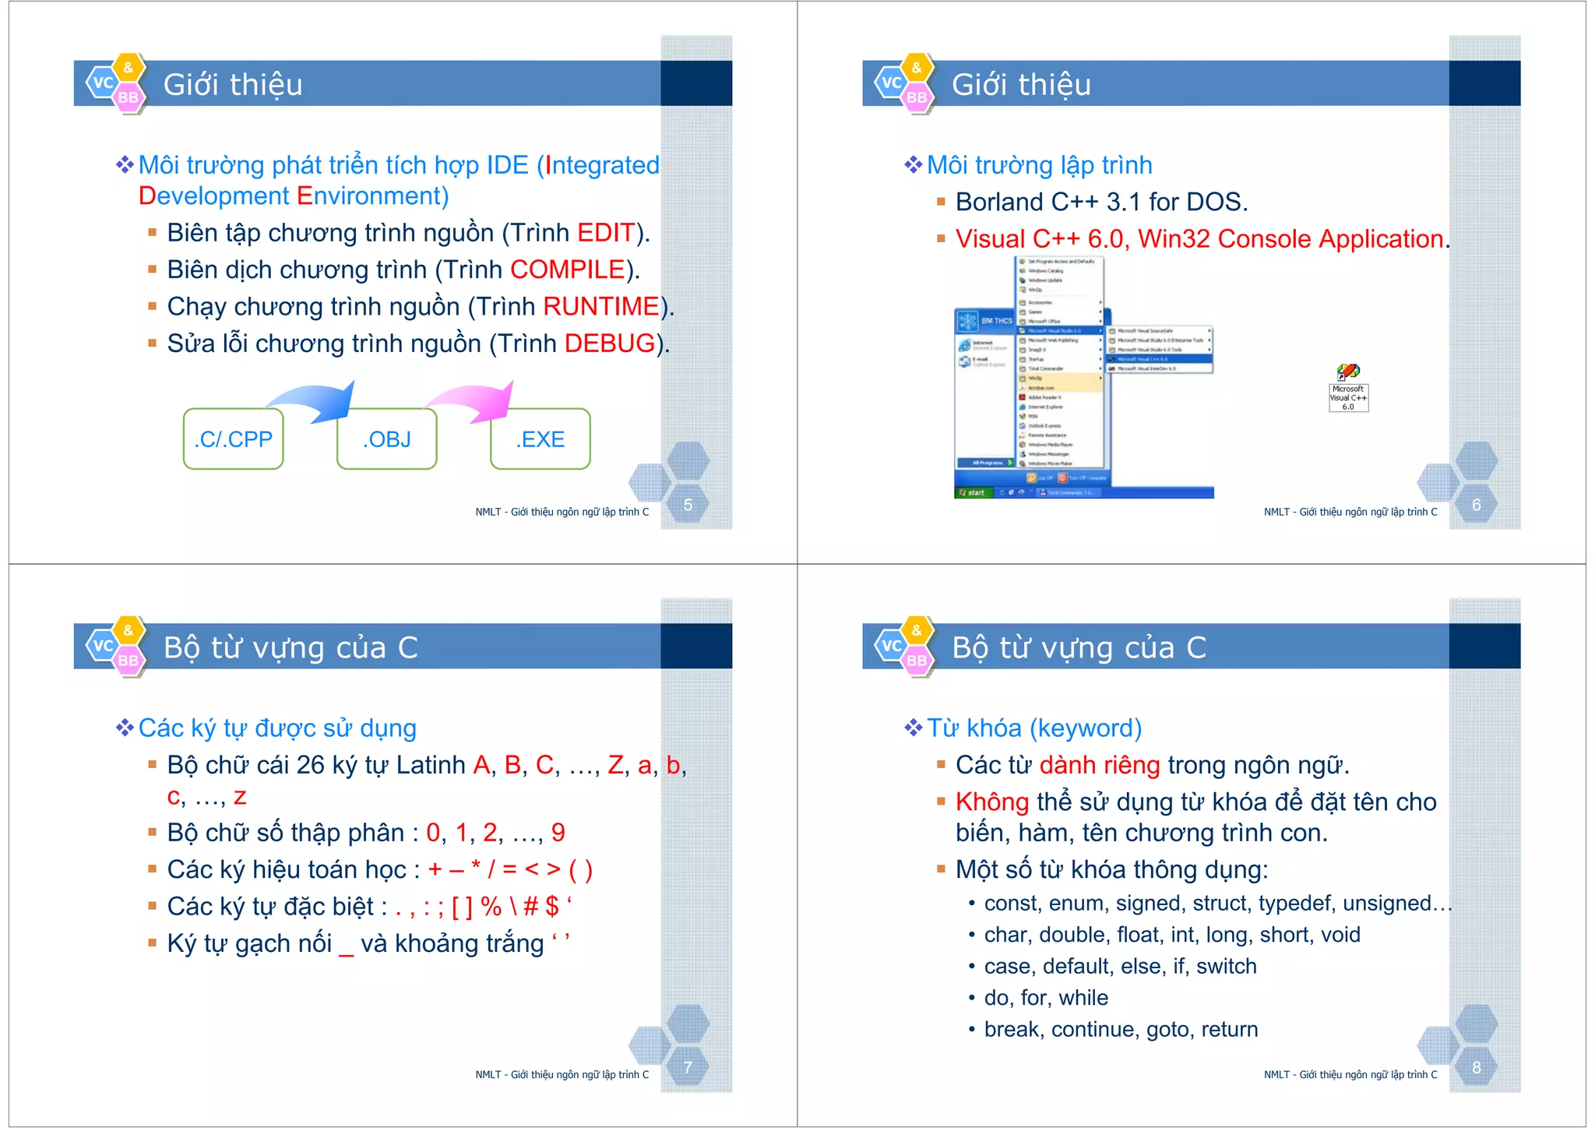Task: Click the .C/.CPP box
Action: point(233,439)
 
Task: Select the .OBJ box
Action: point(386,439)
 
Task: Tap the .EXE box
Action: point(540,439)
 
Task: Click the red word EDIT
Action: point(606,233)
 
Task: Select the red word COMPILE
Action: point(568,270)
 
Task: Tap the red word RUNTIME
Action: point(601,307)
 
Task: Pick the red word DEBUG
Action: point(610,344)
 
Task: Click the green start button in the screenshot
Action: point(973,492)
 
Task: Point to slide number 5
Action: point(688,505)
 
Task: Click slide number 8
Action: point(1477,1067)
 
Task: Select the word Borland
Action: point(999,203)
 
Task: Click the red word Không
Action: point(992,802)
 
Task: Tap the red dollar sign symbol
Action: point(552,907)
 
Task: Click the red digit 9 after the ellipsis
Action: point(558,833)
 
